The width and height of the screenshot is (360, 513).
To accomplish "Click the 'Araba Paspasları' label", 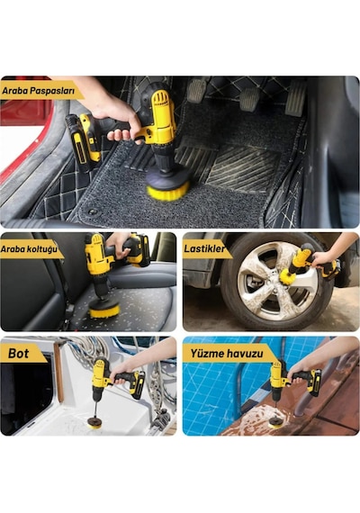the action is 39,91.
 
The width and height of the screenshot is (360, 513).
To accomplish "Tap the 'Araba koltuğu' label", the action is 29,249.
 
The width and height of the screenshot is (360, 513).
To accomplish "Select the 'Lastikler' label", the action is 204,248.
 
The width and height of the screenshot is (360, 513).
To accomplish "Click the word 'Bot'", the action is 19,354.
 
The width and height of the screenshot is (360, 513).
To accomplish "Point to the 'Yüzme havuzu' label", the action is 227,354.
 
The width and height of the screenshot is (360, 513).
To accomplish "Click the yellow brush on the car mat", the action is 168,193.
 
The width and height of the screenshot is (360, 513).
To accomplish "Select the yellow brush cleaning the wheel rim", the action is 287,276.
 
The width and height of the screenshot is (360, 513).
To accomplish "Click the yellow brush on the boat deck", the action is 94,425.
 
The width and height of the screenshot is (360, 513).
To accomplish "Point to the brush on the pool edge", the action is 275,424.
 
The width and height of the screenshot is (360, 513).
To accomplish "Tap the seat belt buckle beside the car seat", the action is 68,310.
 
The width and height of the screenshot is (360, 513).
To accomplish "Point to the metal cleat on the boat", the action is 161,419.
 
